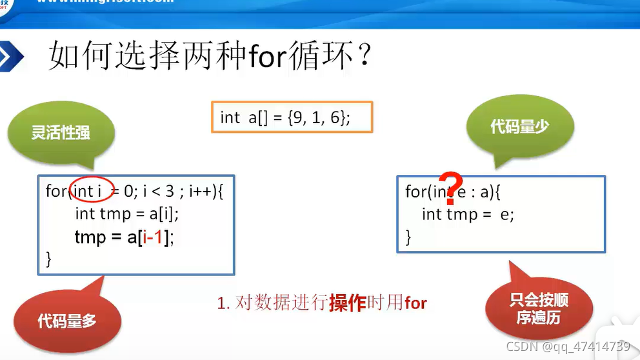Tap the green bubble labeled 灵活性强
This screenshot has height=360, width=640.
[61, 133]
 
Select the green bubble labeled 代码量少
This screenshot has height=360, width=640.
[519, 127]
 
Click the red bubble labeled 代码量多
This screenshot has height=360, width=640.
[66, 319]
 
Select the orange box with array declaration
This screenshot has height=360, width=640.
[292, 117]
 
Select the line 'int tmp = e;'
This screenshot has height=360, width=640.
[468, 215]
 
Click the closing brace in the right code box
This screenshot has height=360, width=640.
[408, 237]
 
